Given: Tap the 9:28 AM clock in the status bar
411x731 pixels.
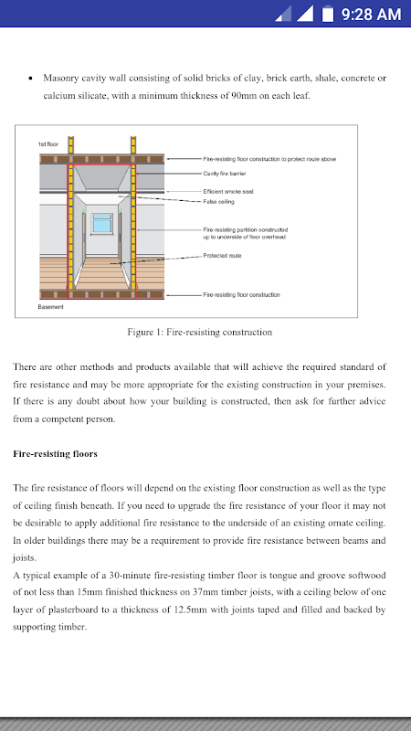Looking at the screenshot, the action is click(x=371, y=15).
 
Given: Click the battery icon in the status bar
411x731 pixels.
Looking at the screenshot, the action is click(x=328, y=14).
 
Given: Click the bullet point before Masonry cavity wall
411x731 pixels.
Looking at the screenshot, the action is click(x=31, y=79).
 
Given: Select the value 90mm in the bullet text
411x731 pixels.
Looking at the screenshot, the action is click(x=244, y=96).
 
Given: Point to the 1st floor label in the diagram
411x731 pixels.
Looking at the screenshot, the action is click(x=48, y=144).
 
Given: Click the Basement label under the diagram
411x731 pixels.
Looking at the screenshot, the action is click(x=51, y=307).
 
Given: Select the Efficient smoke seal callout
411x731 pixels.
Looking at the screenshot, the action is click(x=228, y=192).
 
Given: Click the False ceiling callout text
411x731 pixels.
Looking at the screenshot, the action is click(x=218, y=202).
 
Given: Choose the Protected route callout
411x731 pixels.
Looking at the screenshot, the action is click(x=222, y=256).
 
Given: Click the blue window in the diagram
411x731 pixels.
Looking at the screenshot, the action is click(x=102, y=223).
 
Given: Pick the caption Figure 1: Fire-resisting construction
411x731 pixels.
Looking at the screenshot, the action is click(x=200, y=333).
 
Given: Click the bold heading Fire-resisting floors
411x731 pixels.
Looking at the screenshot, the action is click(x=56, y=453).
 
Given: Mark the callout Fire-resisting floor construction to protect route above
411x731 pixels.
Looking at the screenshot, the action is click(x=269, y=159).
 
